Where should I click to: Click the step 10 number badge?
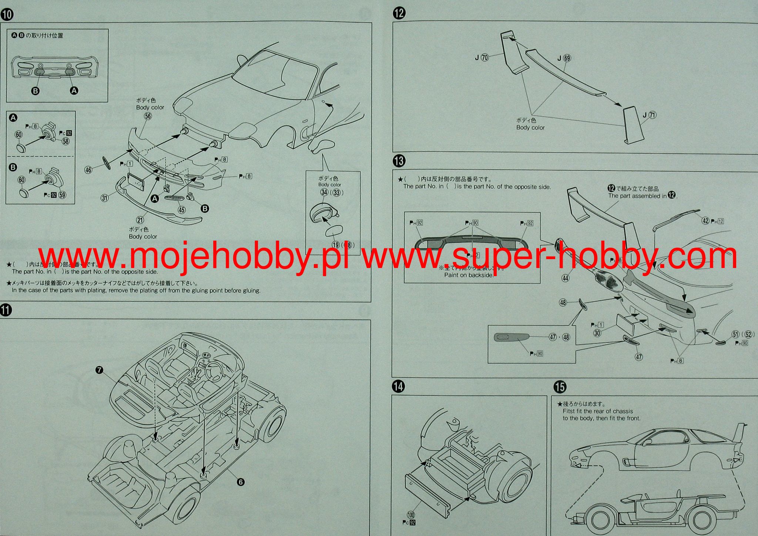click(7, 14)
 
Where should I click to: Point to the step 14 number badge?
click(399, 387)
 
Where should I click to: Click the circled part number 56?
click(148, 116)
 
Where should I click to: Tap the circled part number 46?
click(88, 170)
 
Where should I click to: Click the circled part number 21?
click(140, 221)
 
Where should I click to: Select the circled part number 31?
click(105, 198)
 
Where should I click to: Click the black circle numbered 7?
click(99, 370)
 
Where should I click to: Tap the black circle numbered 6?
click(241, 482)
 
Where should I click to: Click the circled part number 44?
click(565, 278)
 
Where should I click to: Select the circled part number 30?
click(597, 333)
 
